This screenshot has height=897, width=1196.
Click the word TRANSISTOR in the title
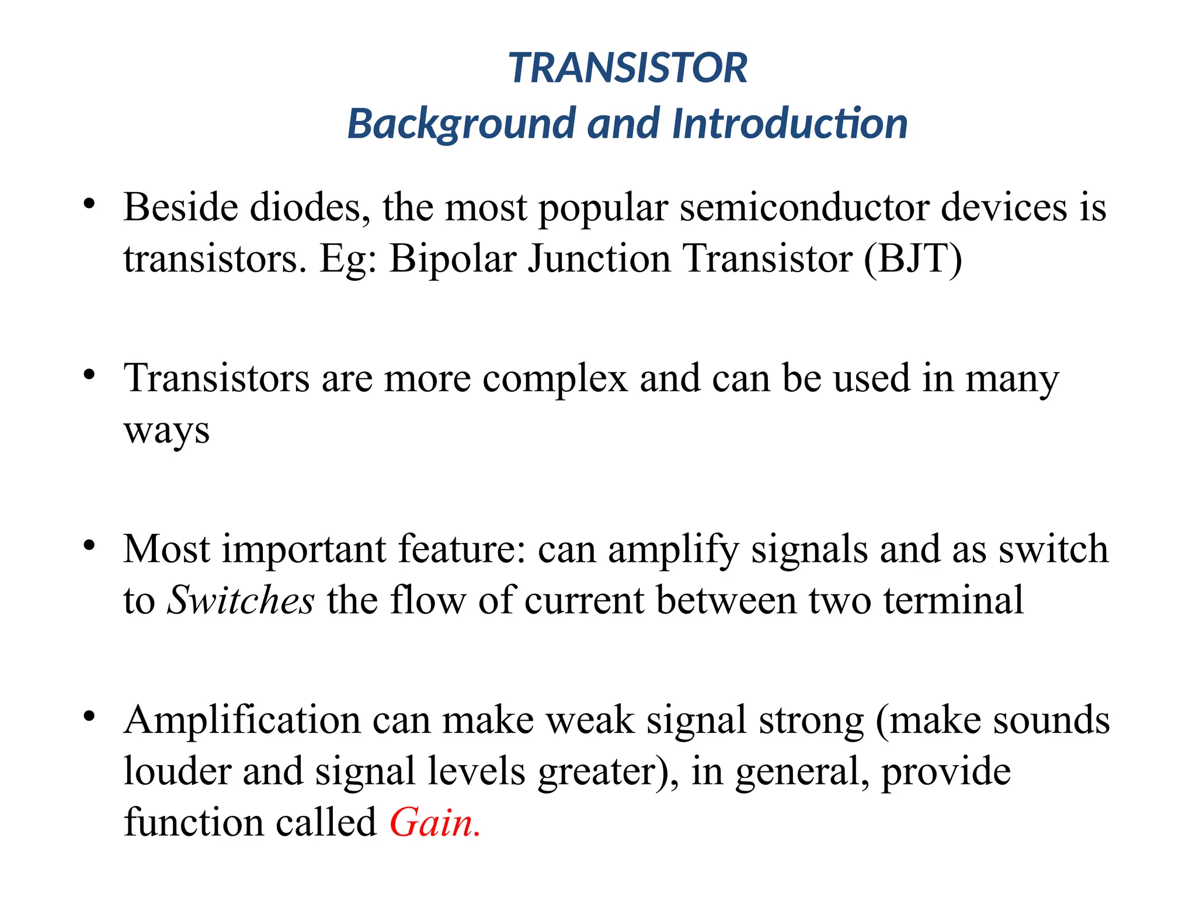(x=628, y=68)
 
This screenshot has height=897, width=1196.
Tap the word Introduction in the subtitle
(x=790, y=124)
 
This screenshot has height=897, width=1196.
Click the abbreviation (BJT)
(x=913, y=258)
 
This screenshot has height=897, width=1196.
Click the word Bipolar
(x=453, y=258)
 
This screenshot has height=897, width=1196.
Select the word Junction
(x=599, y=258)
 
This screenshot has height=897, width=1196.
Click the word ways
(x=166, y=431)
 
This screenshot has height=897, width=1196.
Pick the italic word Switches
(x=241, y=600)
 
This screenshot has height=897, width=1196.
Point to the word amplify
(x=673, y=550)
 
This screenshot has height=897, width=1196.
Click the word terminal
(x=953, y=600)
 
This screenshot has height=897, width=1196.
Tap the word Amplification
(x=242, y=721)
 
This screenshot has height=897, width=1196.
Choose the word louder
(x=178, y=771)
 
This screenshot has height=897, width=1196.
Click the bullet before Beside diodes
(x=89, y=204)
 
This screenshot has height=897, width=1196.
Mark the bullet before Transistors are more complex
(x=89, y=375)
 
